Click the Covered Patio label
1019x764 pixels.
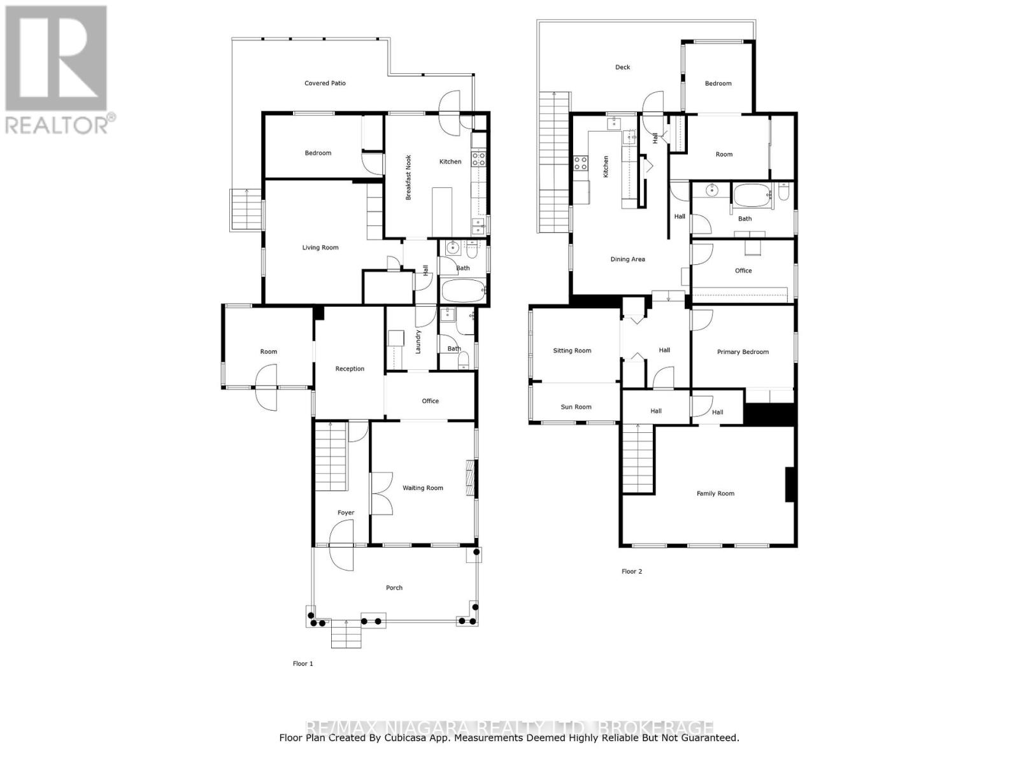pyautogui.click(x=325, y=83)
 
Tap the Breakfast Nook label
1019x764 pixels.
pyautogui.click(x=409, y=178)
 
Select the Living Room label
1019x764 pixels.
pyautogui.click(x=320, y=248)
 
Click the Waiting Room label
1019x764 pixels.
pyautogui.click(x=423, y=488)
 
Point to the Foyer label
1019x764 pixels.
pyautogui.click(x=346, y=513)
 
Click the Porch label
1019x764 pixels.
pyautogui.click(x=394, y=588)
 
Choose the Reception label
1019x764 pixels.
pyautogui.click(x=350, y=369)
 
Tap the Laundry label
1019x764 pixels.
pyautogui.click(x=418, y=342)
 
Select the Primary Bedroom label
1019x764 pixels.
pyautogui.click(x=743, y=352)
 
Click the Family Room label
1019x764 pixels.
pyautogui.click(x=715, y=493)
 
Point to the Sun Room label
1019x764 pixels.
pyautogui.click(x=576, y=407)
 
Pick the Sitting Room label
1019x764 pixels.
pyautogui.click(x=572, y=351)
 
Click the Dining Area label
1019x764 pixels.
pyautogui.click(x=628, y=259)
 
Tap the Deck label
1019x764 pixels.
pyautogui.click(x=622, y=67)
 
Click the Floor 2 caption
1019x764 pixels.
pyautogui.click(x=632, y=572)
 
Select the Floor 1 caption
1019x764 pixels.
pyautogui.click(x=303, y=663)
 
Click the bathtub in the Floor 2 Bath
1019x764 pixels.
pyautogui.click(x=752, y=196)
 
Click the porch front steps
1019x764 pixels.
pyautogui.click(x=346, y=634)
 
